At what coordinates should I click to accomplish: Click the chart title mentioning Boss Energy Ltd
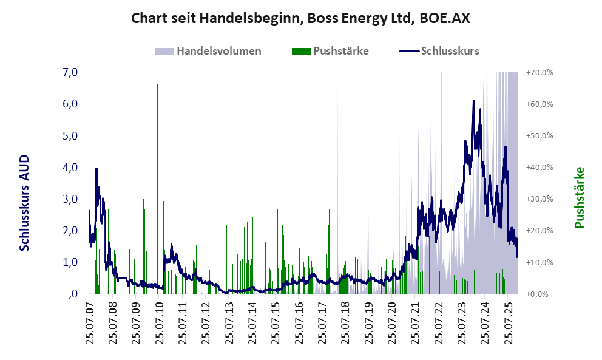click(300, 18)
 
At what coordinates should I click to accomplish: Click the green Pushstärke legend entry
click(340, 51)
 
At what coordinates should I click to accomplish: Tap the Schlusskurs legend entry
click(450, 51)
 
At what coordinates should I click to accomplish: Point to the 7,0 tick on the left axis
click(70, 72)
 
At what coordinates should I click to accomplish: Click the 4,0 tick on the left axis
click(70, 167)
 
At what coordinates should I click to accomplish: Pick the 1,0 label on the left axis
click(70, 262)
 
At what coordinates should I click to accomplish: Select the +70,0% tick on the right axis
click(539, 72)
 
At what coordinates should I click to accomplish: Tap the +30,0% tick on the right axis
click(539, 199)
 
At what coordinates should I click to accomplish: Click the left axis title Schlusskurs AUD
click(24, 202)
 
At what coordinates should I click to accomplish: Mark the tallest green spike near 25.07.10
click(157, 85)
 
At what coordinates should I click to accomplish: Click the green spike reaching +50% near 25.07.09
click(134, 137)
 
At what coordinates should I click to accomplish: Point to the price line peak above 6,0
click(473, 101)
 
